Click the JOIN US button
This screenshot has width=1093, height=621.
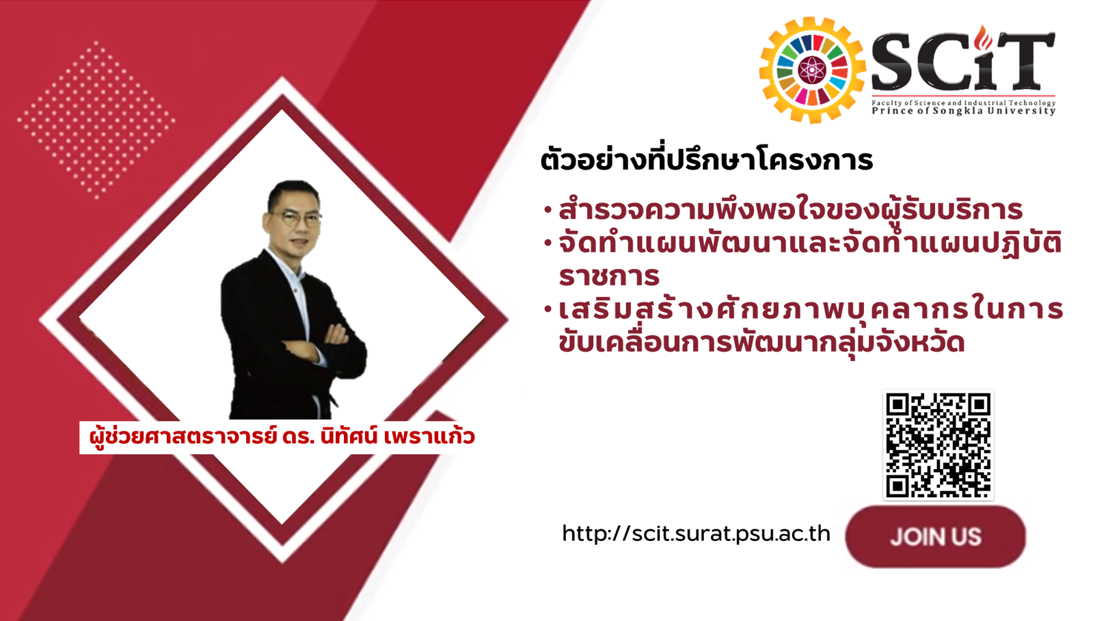coord(935,537)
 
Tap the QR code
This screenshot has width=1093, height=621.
coord(938,445)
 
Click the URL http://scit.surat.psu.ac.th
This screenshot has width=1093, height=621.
coord(696,533)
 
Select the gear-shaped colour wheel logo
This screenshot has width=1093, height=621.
coord(811,70)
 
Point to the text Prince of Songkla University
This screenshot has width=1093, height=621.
coord(964,111)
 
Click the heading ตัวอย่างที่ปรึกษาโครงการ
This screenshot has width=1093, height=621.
coord(706,159)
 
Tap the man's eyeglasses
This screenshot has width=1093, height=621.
coord(295,217)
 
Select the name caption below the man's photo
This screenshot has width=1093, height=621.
coord(282,436)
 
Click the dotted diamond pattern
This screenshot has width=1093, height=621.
coord(96,120)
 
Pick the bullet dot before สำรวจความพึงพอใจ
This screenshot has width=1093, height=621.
coord(548,211)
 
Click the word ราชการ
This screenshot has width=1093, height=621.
coord(609,276)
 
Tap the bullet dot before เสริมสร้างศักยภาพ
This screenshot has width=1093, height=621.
coord(548,309)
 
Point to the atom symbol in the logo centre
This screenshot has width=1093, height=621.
coord(811,70)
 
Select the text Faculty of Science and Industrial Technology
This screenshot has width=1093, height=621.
coord(964,103)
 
